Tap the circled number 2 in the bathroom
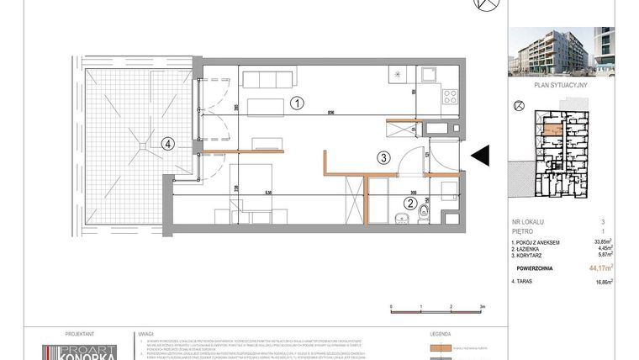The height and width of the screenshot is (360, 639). point(409,201)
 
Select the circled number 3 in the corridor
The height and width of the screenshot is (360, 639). point(382,156)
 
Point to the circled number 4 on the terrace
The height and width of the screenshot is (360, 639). point(169,144)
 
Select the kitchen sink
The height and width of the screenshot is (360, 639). point(428,72)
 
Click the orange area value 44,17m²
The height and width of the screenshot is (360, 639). point(599,268)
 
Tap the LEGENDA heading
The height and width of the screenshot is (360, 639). point(441,333)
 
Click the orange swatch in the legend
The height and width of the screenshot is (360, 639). point(441,347)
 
